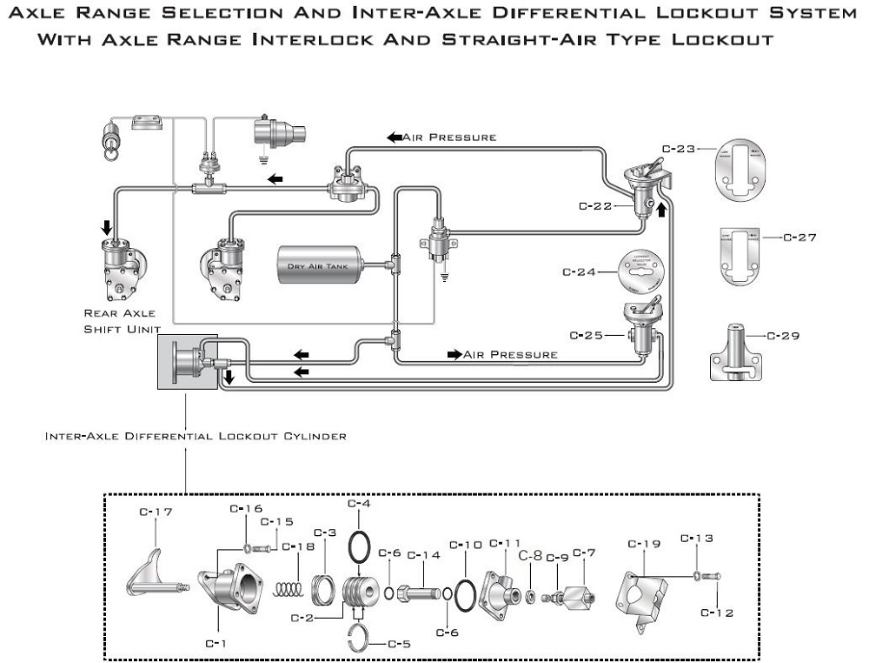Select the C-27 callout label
pos(799,237)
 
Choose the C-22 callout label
pos(595,206)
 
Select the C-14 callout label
pos(424,555)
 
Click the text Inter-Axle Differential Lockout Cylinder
pos(196,436)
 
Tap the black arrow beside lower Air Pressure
pos(454,354)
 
